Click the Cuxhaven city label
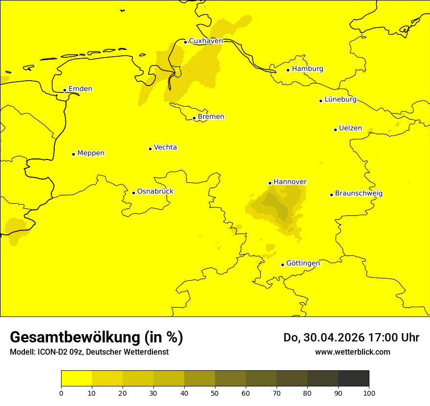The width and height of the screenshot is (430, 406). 206,41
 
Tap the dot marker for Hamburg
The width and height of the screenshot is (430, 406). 288,70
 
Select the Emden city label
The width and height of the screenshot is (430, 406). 80,89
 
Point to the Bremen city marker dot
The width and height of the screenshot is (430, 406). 194,118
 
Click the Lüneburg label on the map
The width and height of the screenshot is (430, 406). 341,100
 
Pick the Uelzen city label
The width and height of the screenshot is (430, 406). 350,129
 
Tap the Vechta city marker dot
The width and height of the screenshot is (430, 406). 150,149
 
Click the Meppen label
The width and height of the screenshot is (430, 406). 91,153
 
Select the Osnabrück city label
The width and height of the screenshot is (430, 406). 155,192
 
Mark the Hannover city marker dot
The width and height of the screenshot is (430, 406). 270,183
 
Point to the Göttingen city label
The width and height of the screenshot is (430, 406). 303,264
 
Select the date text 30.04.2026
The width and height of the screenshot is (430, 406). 337,338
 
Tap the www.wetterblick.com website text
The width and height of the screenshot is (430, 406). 353,352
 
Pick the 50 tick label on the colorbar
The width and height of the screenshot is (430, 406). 215,393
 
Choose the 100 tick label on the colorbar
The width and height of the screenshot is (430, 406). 369,393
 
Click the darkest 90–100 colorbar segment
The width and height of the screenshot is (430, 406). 353,379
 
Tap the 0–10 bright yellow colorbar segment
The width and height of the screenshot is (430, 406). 77,379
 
